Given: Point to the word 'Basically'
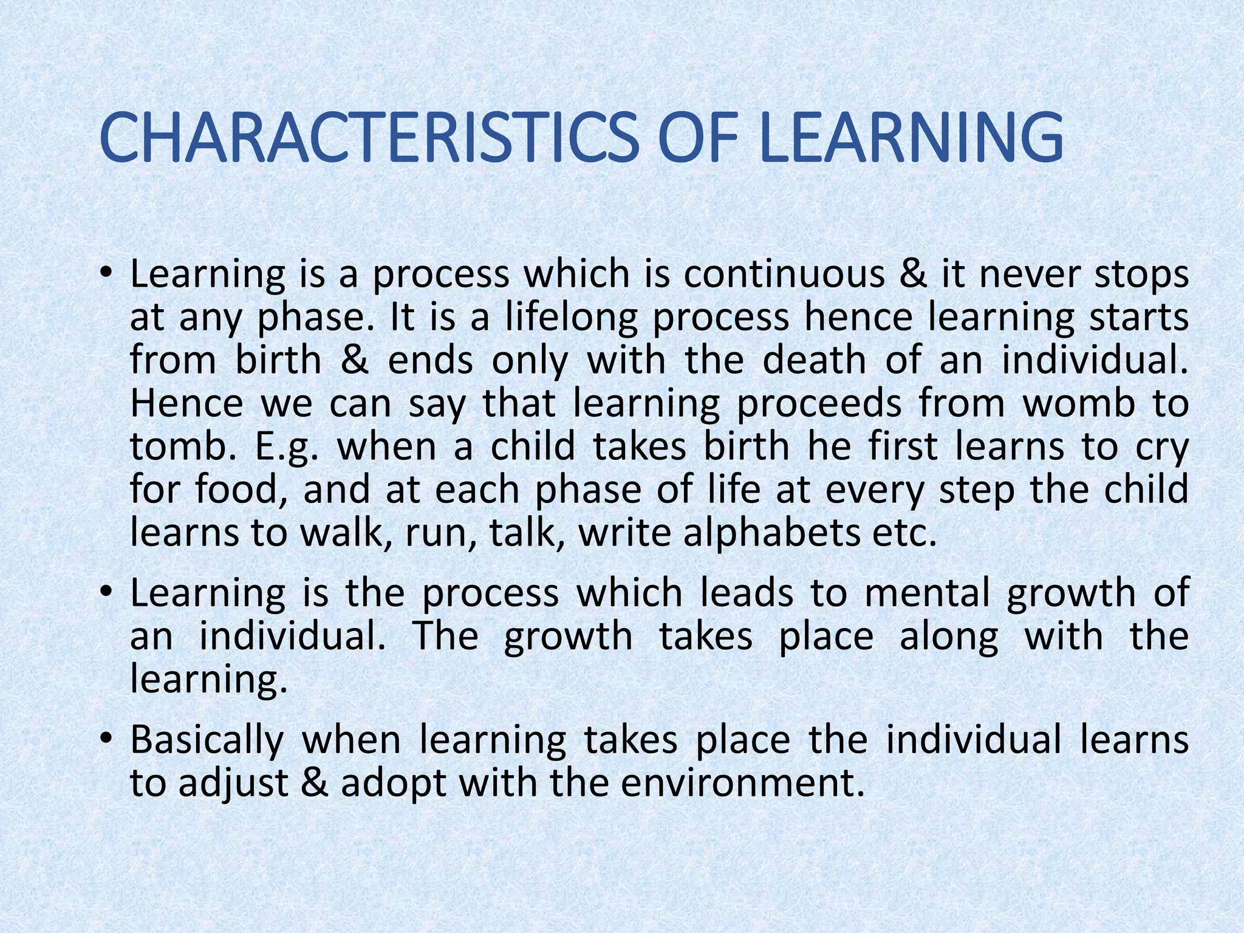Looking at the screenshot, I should pos(207,740).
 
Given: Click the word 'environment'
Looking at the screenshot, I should pos(742,784).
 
